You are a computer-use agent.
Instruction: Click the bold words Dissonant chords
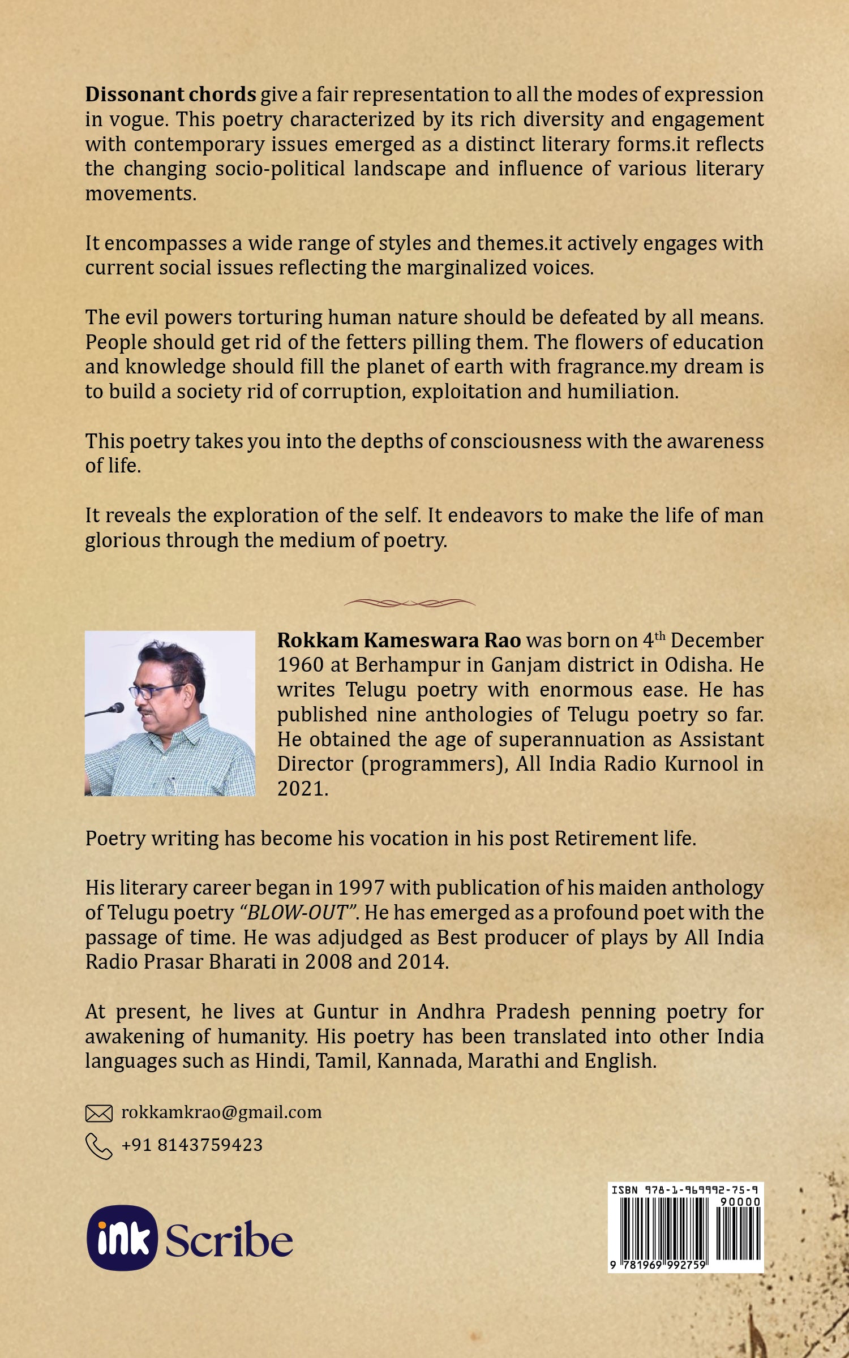coord(170,94)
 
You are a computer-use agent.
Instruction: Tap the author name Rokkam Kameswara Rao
coord(399,640)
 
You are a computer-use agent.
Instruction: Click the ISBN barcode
coord(685,1237)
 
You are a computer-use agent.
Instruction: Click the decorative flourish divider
coord(410,603)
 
